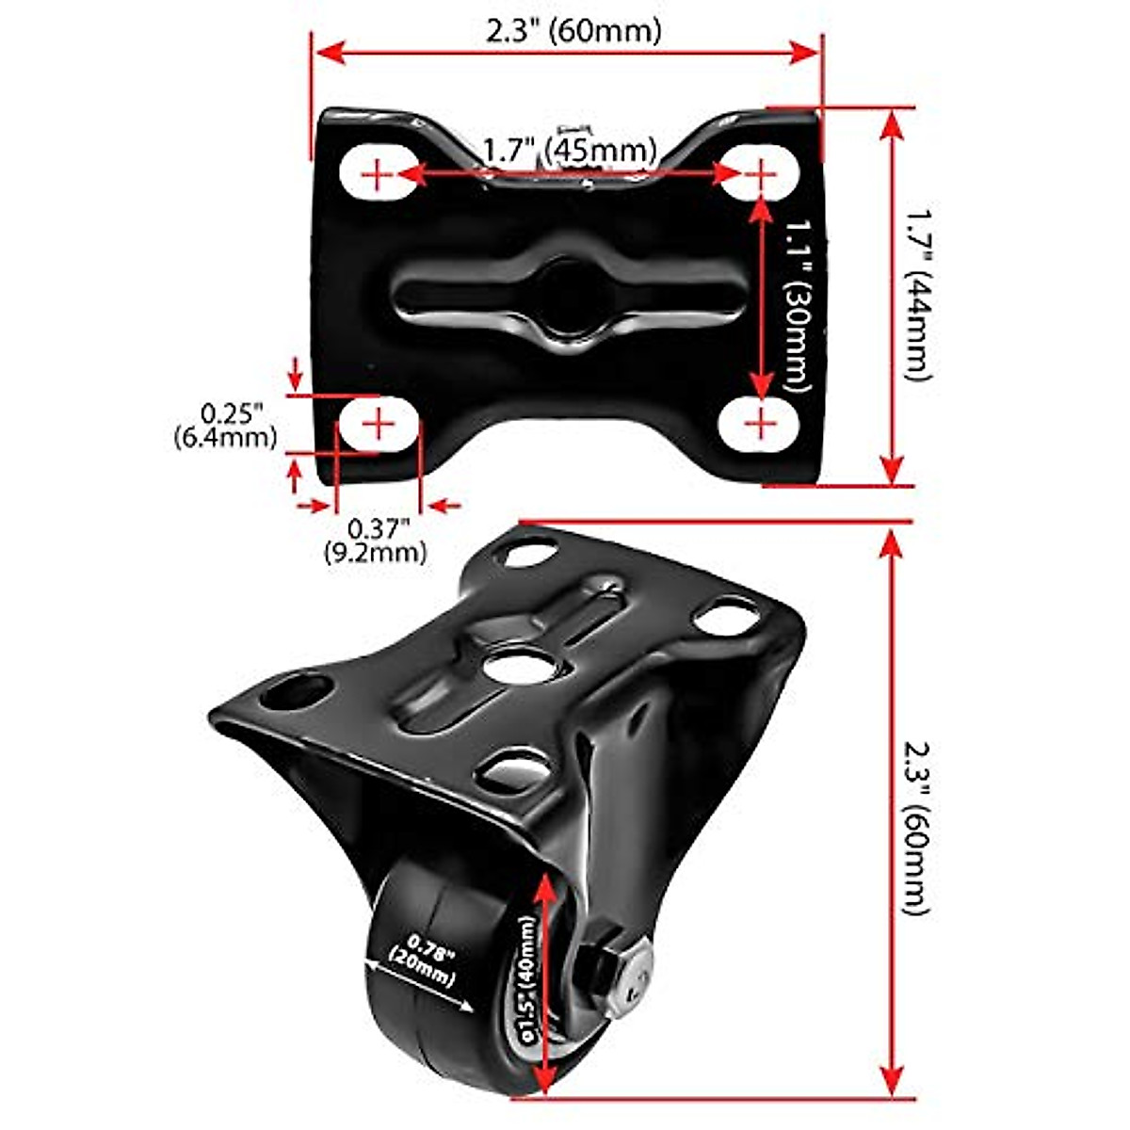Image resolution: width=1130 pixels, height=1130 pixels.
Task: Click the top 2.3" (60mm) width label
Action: coord(573,30)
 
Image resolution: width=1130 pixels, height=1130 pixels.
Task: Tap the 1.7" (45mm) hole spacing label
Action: coord(569,149)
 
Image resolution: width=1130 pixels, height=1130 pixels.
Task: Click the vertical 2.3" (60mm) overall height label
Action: coord(918,815)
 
